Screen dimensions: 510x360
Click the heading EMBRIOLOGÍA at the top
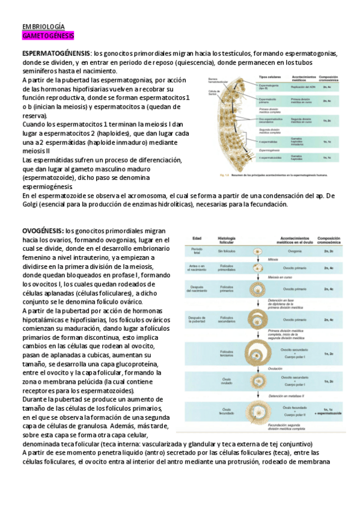tap(43, 27)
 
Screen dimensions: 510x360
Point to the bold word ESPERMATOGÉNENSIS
tap(56, 53)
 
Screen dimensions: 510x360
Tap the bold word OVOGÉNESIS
tap(43, 230)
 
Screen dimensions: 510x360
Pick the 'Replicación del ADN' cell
tap(304, 88)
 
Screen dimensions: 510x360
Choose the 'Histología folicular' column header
tap(228, 239)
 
